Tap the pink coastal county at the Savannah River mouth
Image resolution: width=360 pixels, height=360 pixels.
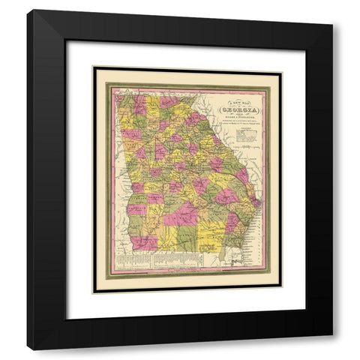pos(253,196)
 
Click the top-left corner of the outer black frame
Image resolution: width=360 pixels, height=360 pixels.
pos(28,10)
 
